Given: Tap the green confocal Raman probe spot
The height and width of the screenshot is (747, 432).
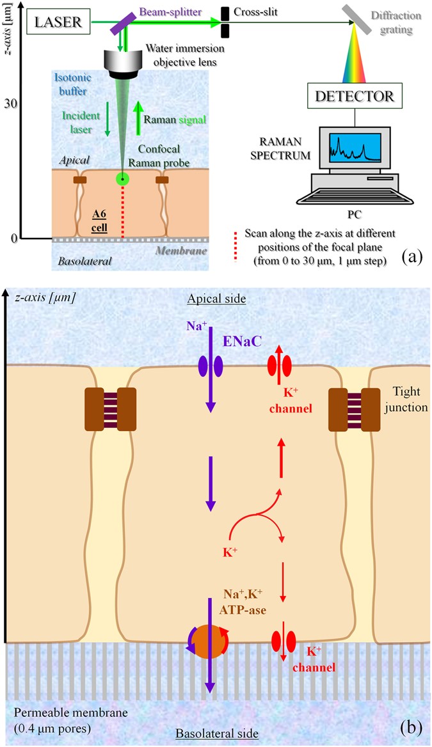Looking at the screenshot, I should coord(122,178).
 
